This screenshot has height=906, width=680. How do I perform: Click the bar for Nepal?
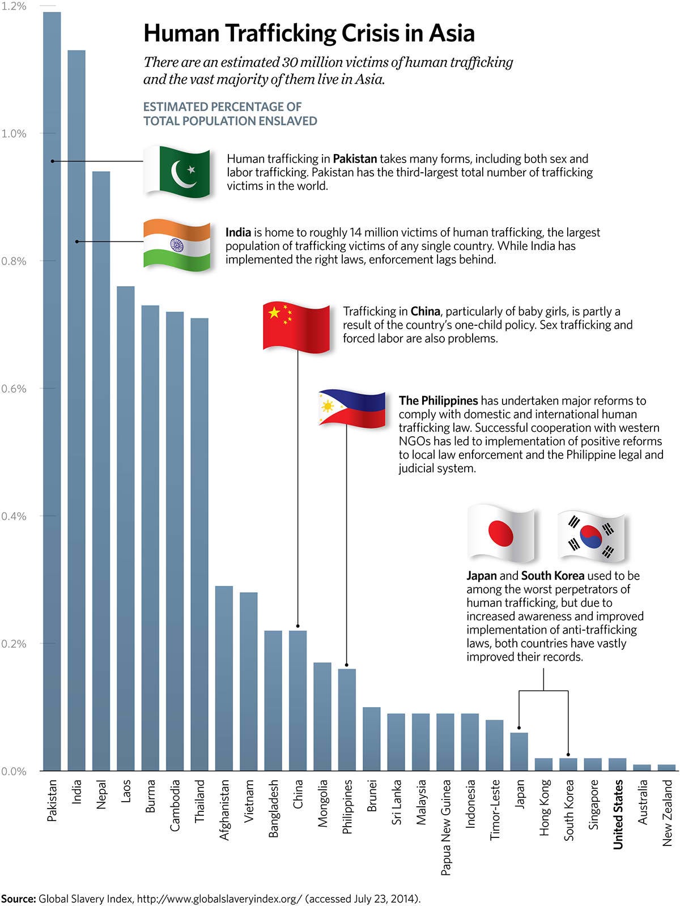coord(101,470)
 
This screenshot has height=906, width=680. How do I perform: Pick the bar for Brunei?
coord(371,739)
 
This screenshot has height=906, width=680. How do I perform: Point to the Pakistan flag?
coord(176,172)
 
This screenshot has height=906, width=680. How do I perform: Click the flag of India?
coord(177,245)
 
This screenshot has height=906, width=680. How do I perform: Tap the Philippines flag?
coord(352,408)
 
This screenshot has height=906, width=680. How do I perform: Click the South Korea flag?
coord(590,536)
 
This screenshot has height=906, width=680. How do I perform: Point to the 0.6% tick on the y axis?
coord(14,389)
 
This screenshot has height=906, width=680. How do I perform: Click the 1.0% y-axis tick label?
coord(14,134)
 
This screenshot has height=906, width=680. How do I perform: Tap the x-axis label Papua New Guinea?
coord(446,827)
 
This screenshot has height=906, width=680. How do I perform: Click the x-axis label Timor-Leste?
coord(495,809)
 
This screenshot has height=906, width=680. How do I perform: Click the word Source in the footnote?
coord(18,899)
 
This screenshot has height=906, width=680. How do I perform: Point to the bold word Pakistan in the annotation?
coord(355,159)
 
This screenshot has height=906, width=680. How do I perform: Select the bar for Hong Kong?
coord(543,764)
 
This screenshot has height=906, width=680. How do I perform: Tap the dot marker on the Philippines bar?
coord(347,665)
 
